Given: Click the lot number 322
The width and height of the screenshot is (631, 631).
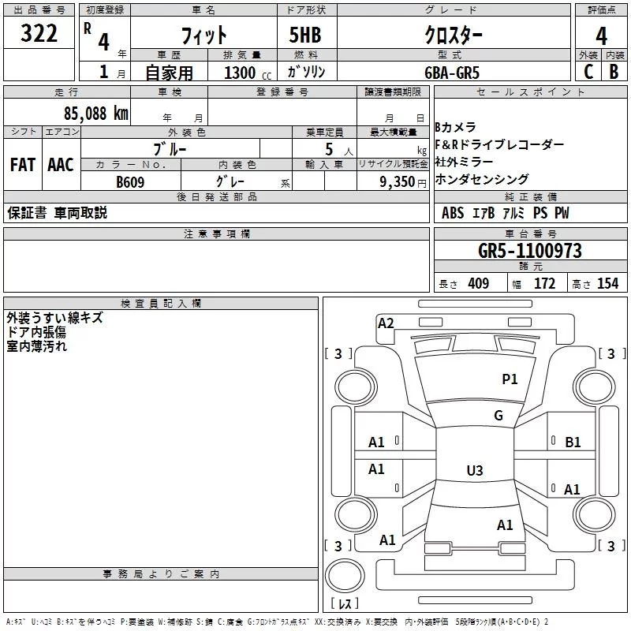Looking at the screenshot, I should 39,35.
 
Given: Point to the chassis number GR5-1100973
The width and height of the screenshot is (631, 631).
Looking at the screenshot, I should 530,251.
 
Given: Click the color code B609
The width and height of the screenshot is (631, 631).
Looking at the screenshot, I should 131,181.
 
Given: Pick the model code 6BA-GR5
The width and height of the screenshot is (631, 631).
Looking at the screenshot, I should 472,72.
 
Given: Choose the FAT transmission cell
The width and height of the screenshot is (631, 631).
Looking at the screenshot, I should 23,165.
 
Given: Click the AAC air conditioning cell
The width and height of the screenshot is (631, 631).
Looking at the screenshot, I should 61,165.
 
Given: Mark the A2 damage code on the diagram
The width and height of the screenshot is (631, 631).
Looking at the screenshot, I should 386,323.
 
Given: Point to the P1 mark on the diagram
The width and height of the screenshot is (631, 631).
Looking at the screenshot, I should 510,379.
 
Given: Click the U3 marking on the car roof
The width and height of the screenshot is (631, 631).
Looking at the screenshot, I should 474,471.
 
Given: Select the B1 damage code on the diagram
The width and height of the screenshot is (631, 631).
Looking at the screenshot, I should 573,442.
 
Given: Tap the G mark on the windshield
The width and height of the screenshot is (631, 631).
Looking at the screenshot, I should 498,416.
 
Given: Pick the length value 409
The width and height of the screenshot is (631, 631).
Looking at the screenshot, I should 478,284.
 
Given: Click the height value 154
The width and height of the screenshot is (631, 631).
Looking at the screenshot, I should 607,284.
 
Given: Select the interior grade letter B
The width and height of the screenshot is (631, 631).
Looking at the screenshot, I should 614,72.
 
